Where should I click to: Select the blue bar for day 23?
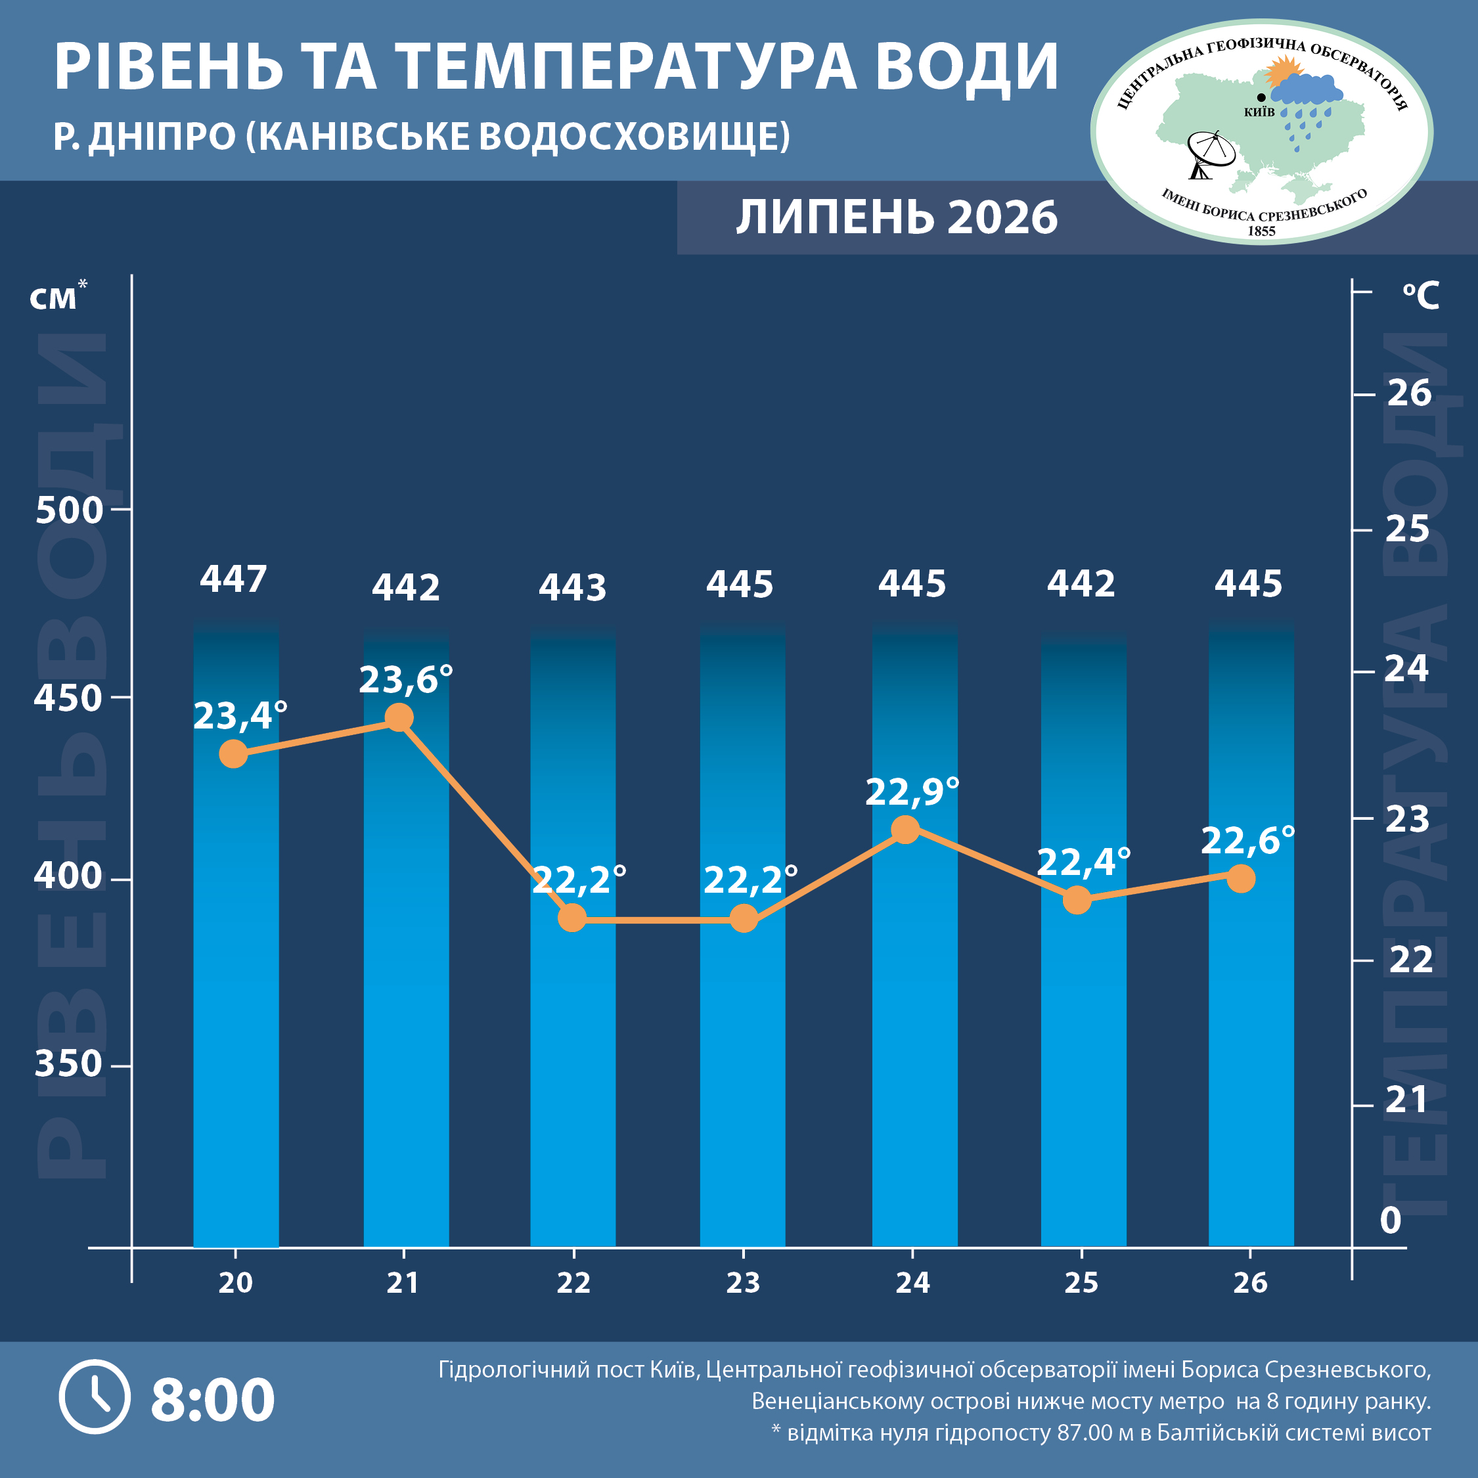click(x=743, y=935)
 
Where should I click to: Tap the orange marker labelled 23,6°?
click(x=399, y=717)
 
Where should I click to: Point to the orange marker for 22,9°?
click(x=906, y=829)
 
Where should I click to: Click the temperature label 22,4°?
click(x=1083, y=862)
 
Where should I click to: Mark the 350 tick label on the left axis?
click(x=68, y=1064)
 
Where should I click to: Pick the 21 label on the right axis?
click(x=1406, y=1100)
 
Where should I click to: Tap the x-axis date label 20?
click(x=235, y=1283)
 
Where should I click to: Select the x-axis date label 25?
click(x=1081, y=1283)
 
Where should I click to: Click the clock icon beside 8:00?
click(x=95, y=1397)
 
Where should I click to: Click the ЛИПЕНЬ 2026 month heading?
click(x=897, y=217)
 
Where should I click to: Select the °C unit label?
click(x=1421, y=296)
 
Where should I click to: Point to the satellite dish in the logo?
click(x=1209, y=154)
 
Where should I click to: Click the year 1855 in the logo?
click(x=1261, y=231)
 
